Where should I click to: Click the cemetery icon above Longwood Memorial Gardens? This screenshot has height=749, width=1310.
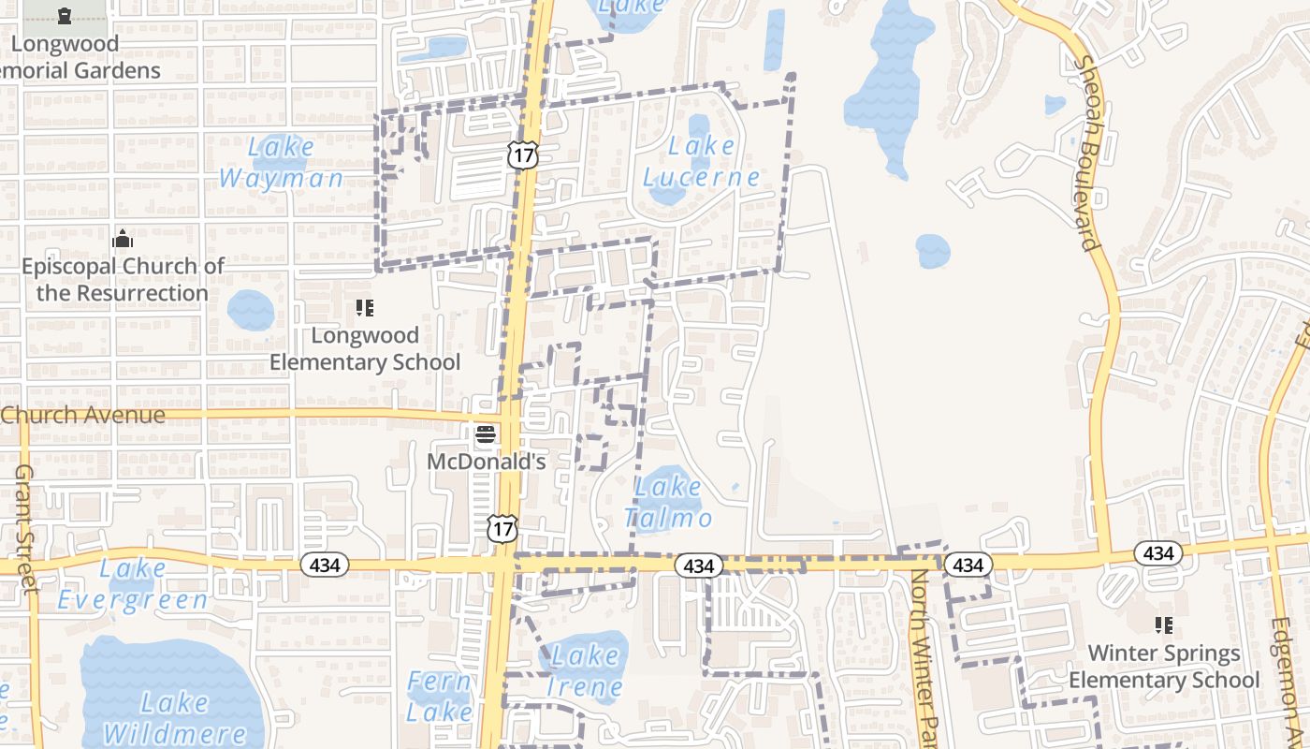pos(64,16)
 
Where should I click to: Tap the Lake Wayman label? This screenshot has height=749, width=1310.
pos(282,162)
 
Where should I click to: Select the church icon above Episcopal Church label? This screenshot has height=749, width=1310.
pos(123,240)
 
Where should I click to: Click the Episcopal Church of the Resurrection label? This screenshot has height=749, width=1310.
pos(123,279)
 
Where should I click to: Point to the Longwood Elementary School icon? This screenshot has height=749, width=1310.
pos(365,308)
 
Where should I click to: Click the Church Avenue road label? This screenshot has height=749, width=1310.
pos(83,415)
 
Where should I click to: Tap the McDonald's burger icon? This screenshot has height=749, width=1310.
pos(485,434)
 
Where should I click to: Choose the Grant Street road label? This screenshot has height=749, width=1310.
pos(25,528)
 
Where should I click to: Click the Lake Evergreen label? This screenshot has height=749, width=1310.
pos(133,583)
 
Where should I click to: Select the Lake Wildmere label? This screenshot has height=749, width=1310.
pos(175,717)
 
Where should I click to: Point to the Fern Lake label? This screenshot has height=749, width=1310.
pos(440,696)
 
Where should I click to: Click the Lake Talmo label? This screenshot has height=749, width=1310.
pos(668,502)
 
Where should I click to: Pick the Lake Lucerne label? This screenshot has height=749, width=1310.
pos(702,161)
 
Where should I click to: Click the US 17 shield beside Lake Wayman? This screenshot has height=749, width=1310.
pos(523,154)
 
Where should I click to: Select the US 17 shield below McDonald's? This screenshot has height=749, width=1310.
pos(502,529)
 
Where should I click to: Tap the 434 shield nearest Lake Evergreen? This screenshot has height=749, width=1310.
pos(325,565)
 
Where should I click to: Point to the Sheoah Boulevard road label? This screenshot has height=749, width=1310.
pos(1087,154)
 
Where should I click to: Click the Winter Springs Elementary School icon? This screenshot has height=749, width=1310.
pos(1164,624)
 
